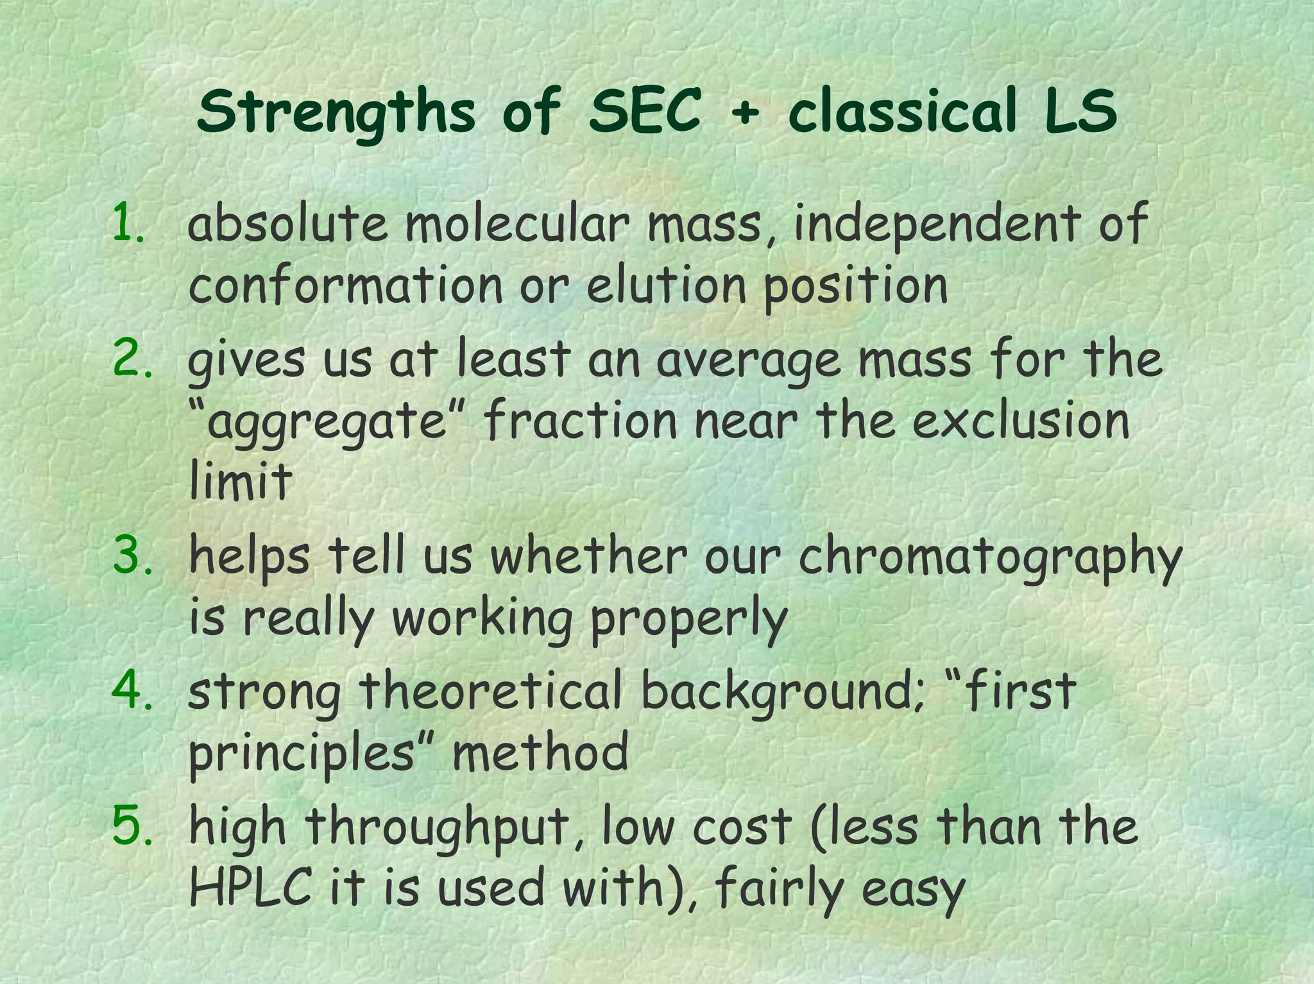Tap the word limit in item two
[x=240, y=480]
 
